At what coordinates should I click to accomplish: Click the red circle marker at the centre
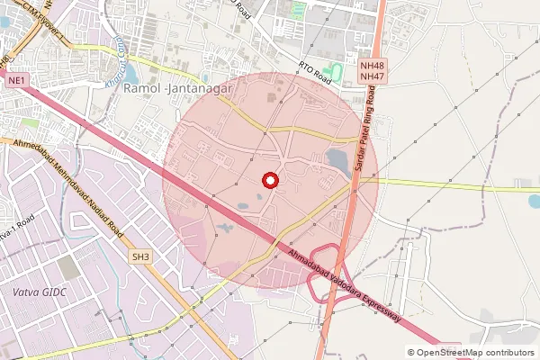[268, 180]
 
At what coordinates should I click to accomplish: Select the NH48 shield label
[370, 66]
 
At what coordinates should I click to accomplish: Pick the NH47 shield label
[370, 77]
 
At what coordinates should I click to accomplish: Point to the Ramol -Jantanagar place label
[178, 89]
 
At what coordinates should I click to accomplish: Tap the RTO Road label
[316, 75]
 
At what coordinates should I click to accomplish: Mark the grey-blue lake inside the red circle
[338, 160]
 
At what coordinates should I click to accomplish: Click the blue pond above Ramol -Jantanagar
[131, 74]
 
